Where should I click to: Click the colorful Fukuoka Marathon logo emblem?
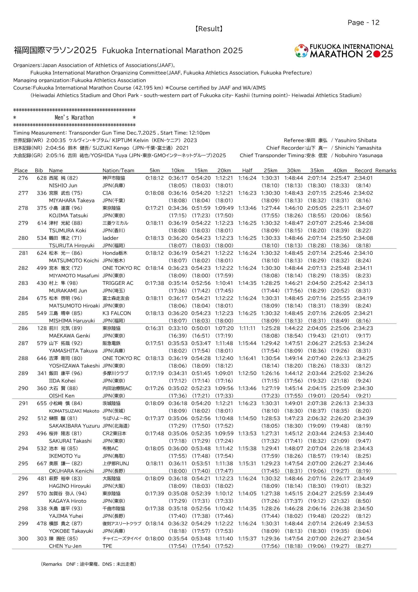pyautogui.click(x=301, y=51)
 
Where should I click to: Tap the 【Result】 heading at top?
pyautogui.click(x=209, y=29)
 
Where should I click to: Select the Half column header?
pyautogui.click(x=247, y=170)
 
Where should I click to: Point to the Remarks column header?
pyautogui.click(x=385, y=170)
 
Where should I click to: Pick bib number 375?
pyautogui.click(x=42, y=208)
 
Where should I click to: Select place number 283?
pyautogui.click(x=23, y=283)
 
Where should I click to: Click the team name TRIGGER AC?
pyautogui.click(x=118, y=283)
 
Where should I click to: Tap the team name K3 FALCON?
pyautogui.click(x=116, y=313)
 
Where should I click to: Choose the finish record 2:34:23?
pyautogui.click(x=363, y=328)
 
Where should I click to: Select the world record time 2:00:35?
pyautogui.click(x=56, y=141)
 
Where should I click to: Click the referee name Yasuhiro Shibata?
pyautogui.click(x=355, y=141)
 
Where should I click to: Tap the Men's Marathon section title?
pyautogui.click(x=74, y=118)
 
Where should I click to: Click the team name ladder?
pyautogui.click(x=110, y=238)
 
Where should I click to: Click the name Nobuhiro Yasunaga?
pyautogui.click(x=358, y=155)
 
